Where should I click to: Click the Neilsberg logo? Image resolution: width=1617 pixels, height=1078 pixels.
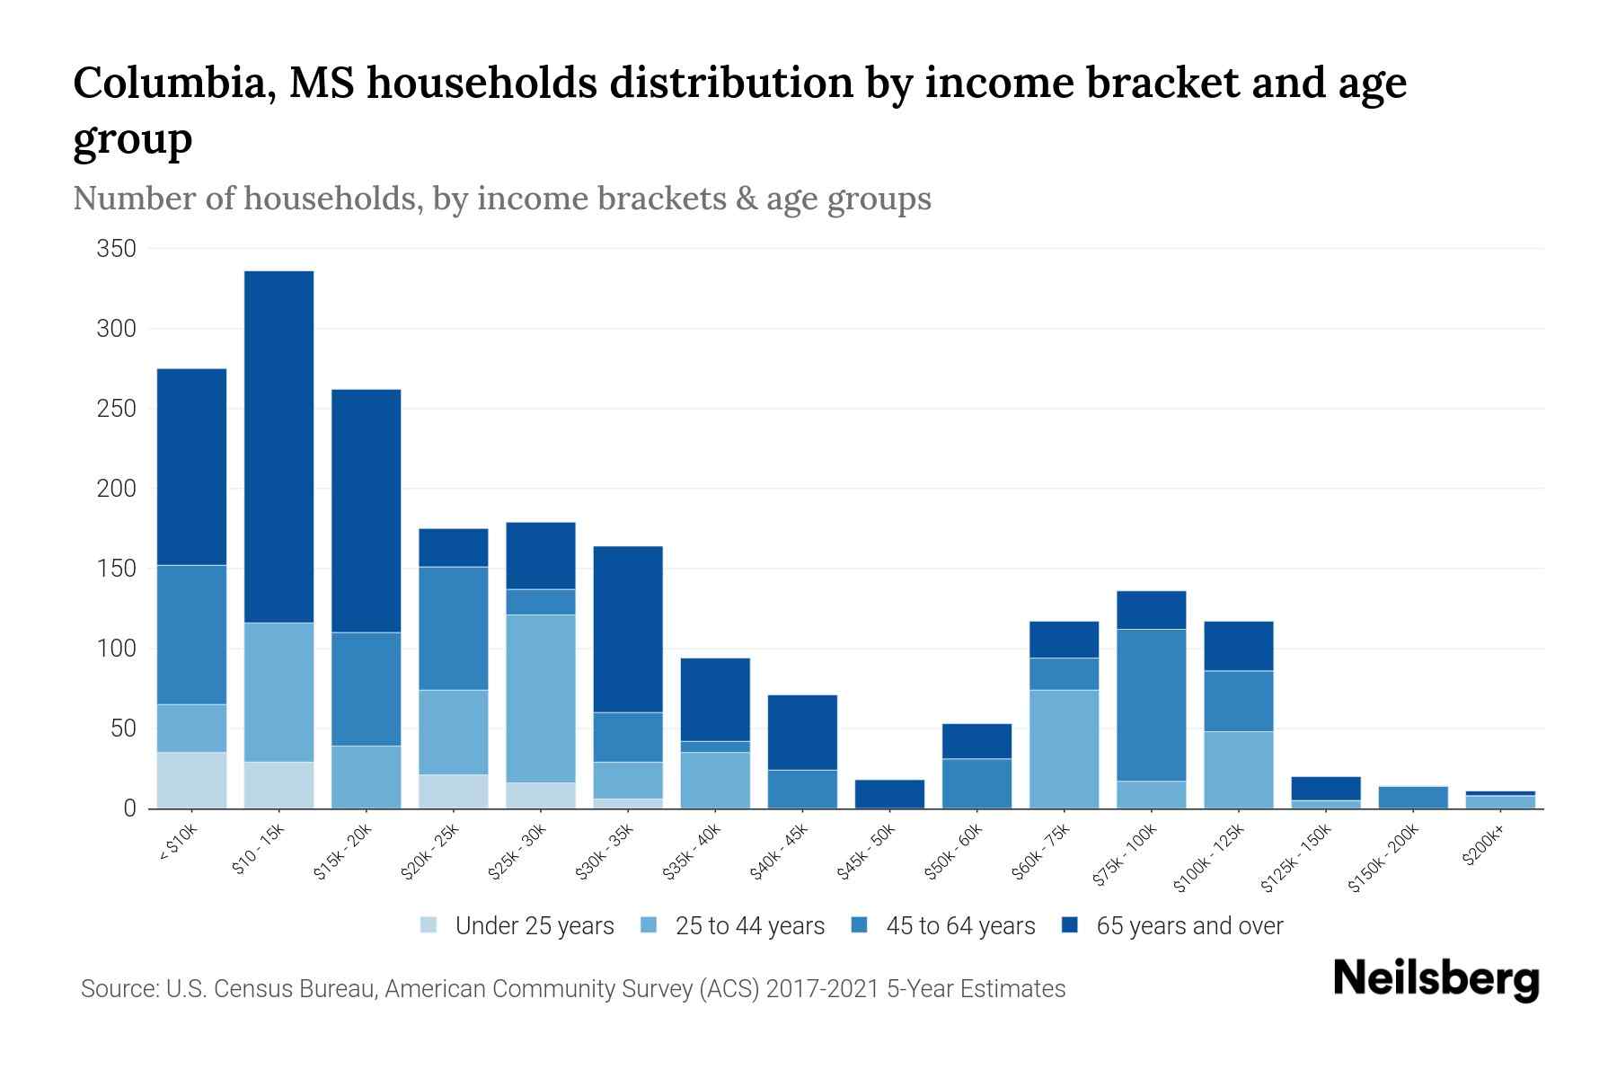(x=1436, y=979)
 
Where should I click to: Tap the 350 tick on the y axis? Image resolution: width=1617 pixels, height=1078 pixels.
(x=116, y=249)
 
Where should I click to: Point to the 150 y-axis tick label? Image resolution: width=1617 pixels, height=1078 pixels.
(x=116, y=569)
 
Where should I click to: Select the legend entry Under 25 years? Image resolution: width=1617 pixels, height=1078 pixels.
(x=534, y=926)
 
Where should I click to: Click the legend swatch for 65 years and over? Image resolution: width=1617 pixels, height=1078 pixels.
(x=1069, y=925)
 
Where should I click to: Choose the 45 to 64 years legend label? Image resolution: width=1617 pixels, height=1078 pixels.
(x=959, y=926)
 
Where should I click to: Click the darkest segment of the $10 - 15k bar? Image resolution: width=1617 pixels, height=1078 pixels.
(x=278, y=446)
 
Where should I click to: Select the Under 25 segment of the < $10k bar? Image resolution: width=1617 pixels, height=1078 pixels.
(x=191, y=780)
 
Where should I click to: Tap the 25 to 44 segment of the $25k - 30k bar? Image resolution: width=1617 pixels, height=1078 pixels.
(x=540, y=698)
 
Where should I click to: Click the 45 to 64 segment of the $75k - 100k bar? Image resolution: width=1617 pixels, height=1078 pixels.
(x=1151, y=705)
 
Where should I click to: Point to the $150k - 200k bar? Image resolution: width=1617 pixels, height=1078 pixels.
(x=1412, y=798)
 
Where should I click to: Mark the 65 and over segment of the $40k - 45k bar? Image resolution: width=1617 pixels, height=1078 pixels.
(x=801, y=732)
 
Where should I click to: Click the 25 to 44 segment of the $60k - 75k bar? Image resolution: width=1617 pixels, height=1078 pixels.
(x=1064, y=748)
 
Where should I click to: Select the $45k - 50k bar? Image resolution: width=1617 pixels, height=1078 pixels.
(x=888, y=793)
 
